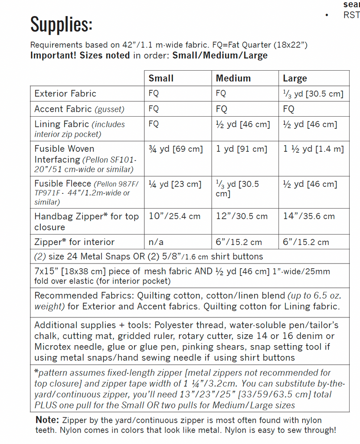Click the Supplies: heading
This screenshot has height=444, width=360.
(x=61, y=24)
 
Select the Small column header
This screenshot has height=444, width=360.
(x=161, y=78)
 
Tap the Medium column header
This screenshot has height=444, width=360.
(x=233, y=78)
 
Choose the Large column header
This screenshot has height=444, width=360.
(x=295, y=78)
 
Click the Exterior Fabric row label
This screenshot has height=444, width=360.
(x=65, y=94)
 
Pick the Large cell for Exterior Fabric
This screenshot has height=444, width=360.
(x=313, y=94)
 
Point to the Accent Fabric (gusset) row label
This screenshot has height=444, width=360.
(x=79, y=109)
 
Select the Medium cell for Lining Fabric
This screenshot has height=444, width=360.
(x=243, y=124)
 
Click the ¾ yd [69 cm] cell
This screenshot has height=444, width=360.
(x=176, y=149)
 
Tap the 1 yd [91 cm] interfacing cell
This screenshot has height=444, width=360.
(x=242, y=149)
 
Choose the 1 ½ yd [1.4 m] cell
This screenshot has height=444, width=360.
(x=313, y=149)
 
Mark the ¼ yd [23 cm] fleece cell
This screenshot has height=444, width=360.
(x=175, y=184)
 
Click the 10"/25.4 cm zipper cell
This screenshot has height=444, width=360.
(x=174, y=216)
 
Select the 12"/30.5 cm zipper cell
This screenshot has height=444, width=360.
(x=242, y=216)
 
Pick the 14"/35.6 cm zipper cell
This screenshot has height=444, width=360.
(x=309, y=216)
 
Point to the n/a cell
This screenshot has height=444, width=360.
(x=156, y=242)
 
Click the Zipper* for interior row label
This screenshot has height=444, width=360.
(x=74, y=242)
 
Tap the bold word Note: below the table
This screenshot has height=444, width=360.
(x=47, y=420)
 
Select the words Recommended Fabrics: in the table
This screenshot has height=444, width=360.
(x=84, y=296)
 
